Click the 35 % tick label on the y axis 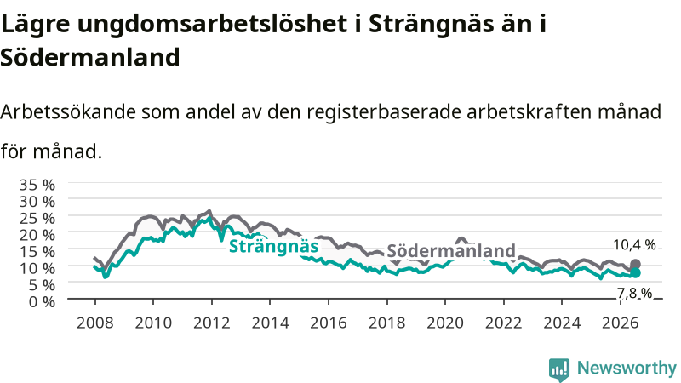37,185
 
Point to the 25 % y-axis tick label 37,218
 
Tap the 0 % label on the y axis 42,301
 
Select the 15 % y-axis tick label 37,251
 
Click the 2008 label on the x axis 94,323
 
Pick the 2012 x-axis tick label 211,323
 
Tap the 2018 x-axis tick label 386,323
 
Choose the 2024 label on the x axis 562,323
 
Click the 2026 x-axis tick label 620,323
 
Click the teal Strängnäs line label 273,246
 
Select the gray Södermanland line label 451,250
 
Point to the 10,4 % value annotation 634,245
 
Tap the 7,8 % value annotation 634,294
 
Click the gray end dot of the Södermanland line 635,264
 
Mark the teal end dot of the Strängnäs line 635,272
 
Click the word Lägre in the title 35,25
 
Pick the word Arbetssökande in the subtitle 68,112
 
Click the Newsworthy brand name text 627,369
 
